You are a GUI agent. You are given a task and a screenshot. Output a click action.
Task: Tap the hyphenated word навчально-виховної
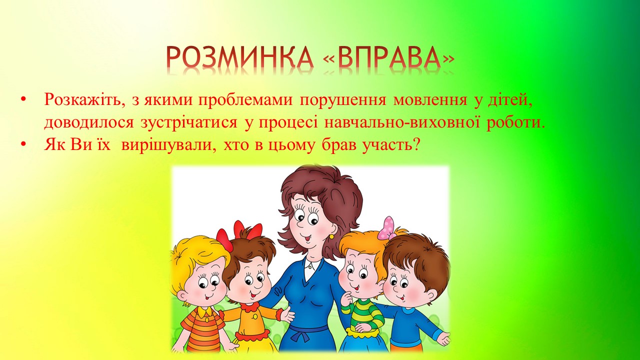402,122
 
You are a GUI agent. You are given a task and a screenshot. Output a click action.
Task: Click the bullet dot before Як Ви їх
22,145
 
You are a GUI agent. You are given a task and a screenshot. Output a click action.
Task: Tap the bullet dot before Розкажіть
22,99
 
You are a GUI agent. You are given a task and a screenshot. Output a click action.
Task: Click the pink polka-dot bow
386,228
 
